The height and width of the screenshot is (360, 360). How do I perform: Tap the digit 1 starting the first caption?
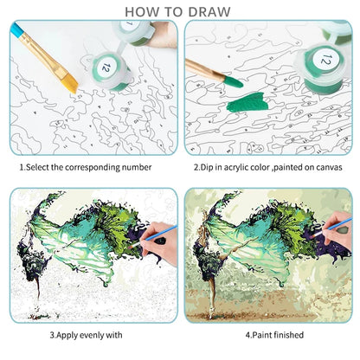(22, 167)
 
